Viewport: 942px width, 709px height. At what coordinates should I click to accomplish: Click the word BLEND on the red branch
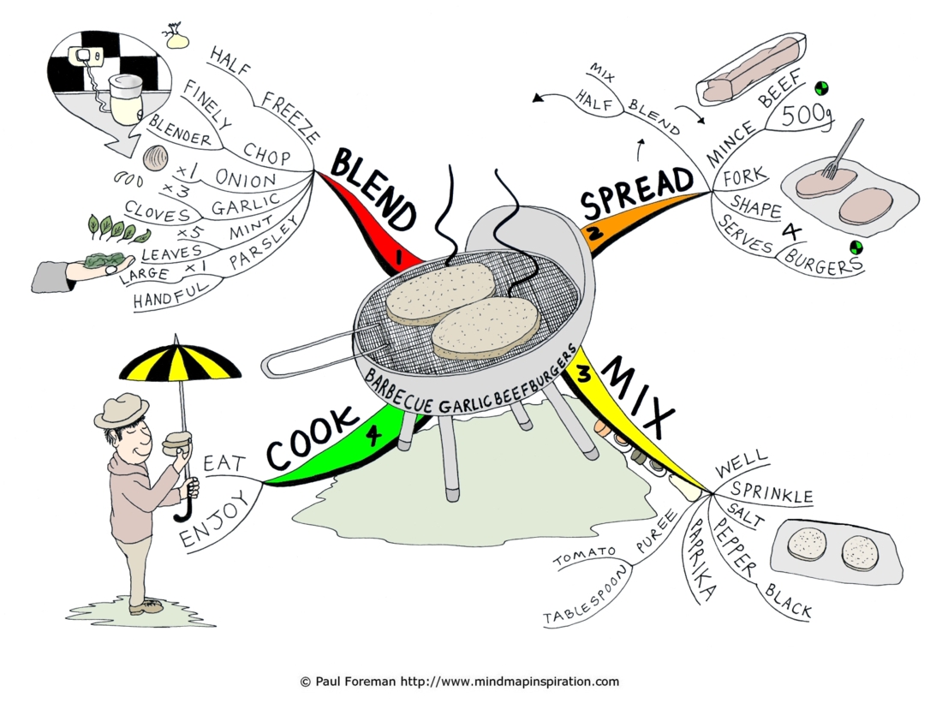click(373, 188)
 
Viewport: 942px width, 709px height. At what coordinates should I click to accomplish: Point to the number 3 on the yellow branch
click(584, 374)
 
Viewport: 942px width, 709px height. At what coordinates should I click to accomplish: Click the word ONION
click(245, 179)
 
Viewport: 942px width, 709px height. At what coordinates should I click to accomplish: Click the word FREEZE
click(289, 117)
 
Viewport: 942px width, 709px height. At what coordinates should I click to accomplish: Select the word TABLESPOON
click(585, 598)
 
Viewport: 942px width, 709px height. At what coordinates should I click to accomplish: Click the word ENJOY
click(215, 518)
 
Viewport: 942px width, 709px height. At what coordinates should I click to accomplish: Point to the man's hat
click(121, 409)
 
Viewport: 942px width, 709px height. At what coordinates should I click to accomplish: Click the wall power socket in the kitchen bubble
click(86, 57)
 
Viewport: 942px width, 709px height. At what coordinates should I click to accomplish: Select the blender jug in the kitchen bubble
click(125, 99)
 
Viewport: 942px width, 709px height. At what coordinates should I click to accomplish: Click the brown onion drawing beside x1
click(156, 158)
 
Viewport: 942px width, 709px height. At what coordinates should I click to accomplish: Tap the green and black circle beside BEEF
click(820, 89)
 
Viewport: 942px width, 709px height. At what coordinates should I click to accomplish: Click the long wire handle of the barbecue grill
click(313, 354)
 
